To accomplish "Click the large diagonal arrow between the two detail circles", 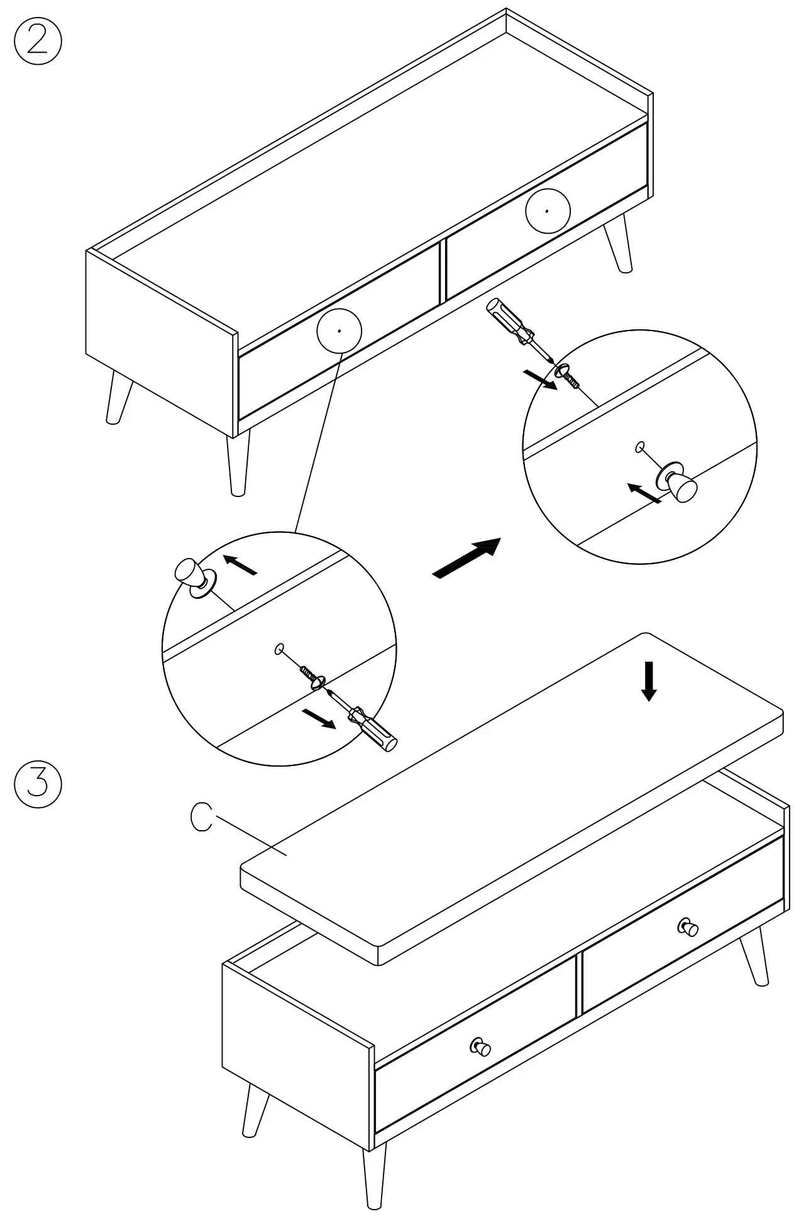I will coord(466,557).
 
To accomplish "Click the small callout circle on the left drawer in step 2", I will coord(339,331).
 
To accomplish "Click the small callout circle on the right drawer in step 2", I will coord(548,211).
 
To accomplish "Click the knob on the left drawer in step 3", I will coord(480,1046).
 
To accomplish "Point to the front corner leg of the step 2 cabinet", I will coord(238,462).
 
